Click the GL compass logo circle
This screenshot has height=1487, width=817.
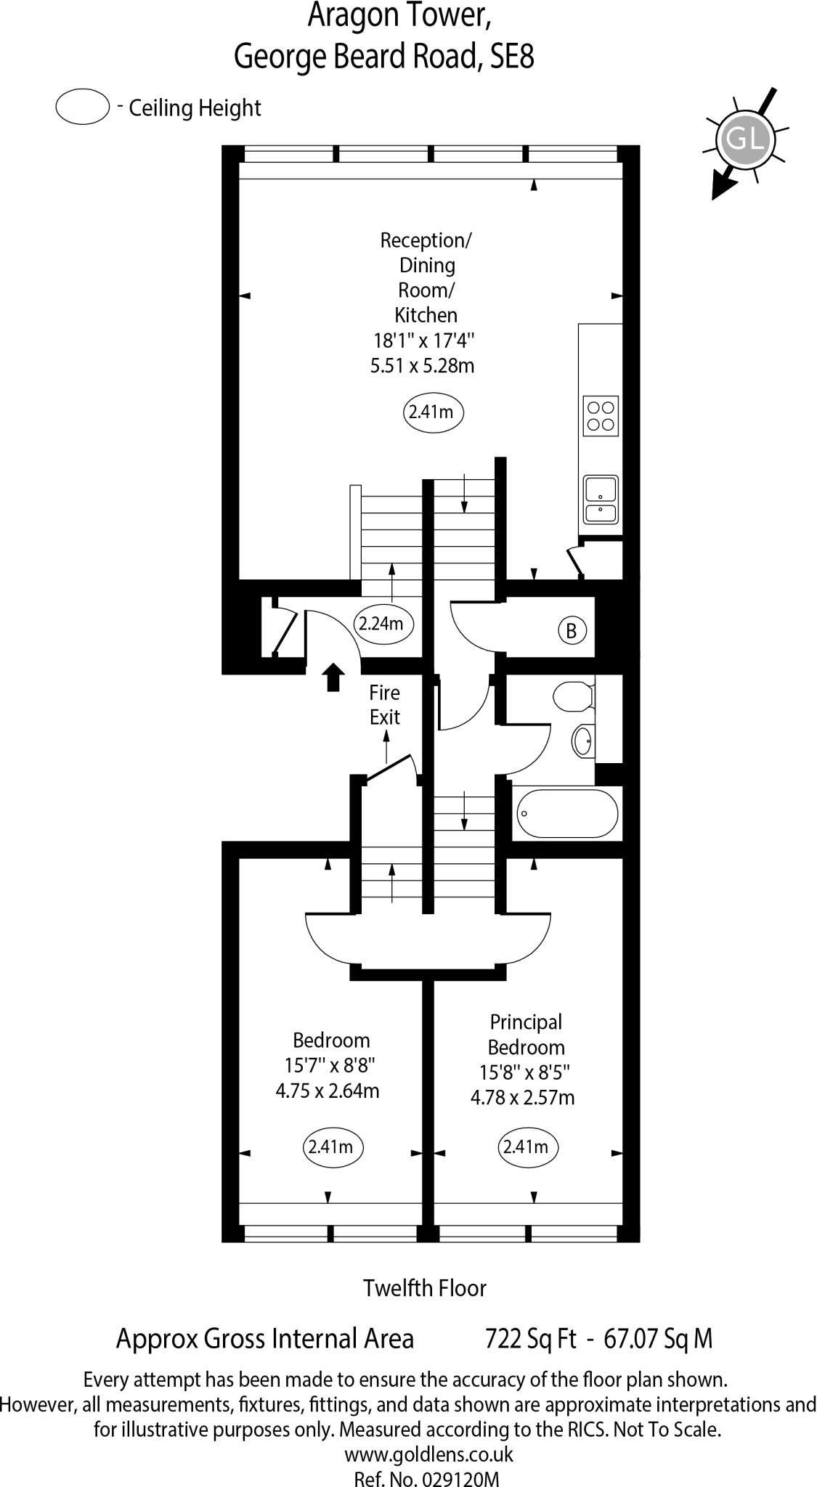[x=745, y=138]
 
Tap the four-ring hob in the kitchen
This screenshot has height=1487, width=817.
[x=601, y=417]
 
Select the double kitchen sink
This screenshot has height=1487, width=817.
[x=601, y=500]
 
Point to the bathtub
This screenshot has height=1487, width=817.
[x=567, y=813]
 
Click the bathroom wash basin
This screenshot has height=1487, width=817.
[x=582, y=741]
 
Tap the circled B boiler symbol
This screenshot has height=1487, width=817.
[x=571, y=630]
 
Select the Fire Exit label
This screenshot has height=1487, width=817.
[x=384, y=704]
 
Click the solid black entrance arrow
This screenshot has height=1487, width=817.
[x=333, y=676]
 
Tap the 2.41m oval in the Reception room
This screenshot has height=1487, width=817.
[x=433, y=412]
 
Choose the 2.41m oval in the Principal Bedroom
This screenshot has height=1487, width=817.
[x=528, y=1146]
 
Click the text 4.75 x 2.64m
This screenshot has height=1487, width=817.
[x=328, y=1091]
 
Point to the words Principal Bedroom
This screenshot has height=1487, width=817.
[x=526, y=1035]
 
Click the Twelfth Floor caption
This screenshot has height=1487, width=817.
[x=425, y=1288]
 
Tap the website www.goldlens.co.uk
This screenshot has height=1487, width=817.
[x=428, y=1454]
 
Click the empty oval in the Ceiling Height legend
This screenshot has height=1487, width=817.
[x=82, y=107]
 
